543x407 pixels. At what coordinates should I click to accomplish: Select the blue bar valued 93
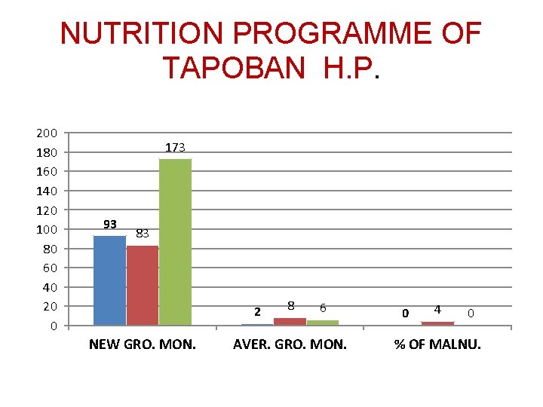(109, 280)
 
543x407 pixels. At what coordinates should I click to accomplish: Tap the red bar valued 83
(143, 285)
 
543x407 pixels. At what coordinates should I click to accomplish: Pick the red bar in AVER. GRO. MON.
(290, 321)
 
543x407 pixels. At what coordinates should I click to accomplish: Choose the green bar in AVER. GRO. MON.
(323, 323)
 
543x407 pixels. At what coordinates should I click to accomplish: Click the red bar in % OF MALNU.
(437, 323)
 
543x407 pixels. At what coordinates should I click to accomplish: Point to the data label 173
(176, 148)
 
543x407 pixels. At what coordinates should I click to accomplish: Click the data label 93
(110, 224)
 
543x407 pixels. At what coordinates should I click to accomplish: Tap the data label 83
(143, 234)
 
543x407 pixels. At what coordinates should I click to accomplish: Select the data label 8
(290, 305)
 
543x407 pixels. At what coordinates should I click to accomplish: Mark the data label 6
(323, 308)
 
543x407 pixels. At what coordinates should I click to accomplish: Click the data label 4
(437, 309)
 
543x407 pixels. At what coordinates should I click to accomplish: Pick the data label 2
(257, 311)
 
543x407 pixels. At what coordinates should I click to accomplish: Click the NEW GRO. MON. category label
(143, 345)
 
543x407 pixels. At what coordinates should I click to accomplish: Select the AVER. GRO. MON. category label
(290, 345)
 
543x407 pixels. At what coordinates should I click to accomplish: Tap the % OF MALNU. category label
(437, 345)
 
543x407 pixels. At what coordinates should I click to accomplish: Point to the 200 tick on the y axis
(47, 133)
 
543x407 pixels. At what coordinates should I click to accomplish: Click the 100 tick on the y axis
(47, 229)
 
